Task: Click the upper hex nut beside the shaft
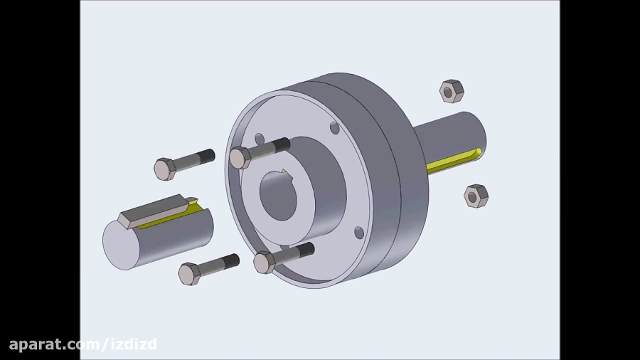coord(452,91)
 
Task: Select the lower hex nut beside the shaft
coord(476,196)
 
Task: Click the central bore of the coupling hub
coord(277,196)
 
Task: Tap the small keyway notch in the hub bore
coord(283,172)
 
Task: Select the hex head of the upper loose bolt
coord(165,169)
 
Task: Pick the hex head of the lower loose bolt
coord(189,274)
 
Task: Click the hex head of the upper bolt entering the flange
coord(240,157)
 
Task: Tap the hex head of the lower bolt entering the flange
coord(265,263)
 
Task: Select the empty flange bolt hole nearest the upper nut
coord(334,128)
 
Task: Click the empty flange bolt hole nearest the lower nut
coord(359,233)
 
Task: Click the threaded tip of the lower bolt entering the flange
coord(306,250)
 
